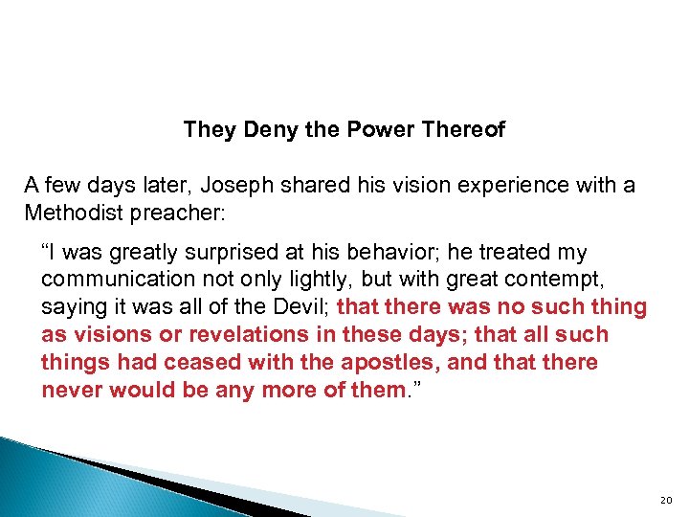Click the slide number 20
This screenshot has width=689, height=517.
(667, 500)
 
